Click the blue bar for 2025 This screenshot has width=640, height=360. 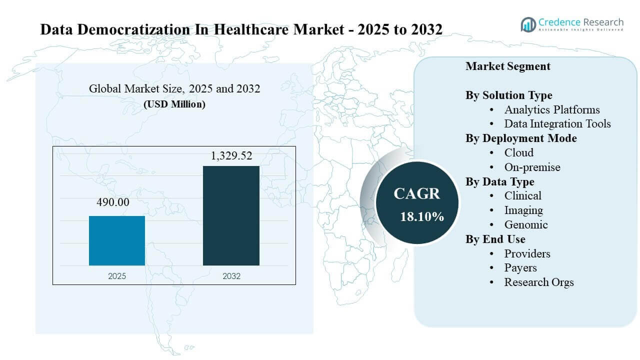(x=117, y=240)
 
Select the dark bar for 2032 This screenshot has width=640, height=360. (x=231, y=215)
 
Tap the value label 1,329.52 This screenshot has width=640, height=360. (x=231, y=156)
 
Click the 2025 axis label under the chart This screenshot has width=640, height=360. (x=117, y=276)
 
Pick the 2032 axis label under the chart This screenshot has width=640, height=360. (x=231, y=276)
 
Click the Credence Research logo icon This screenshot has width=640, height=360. (x=528, y=24)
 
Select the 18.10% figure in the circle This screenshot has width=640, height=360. (x=421, y=216)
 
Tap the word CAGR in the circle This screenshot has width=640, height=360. (x=417, y=194)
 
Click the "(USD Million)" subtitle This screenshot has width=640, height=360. (x=174, y=104)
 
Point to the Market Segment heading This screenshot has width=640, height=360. (x=507, y=66)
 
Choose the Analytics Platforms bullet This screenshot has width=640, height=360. (x=551, y=109)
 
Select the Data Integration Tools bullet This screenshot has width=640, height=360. (x=557, y=123)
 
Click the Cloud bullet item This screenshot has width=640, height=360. (x=518, y=152)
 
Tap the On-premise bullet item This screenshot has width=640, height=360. (x=532, y=167)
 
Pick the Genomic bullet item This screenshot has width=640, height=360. (x=525, y=224)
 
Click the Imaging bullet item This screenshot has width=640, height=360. (x=523, y=210)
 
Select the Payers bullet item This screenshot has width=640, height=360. (x=520, y=267)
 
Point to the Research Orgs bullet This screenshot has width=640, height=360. (x=538, y=282)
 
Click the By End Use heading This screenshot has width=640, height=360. (x=495, y=239)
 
